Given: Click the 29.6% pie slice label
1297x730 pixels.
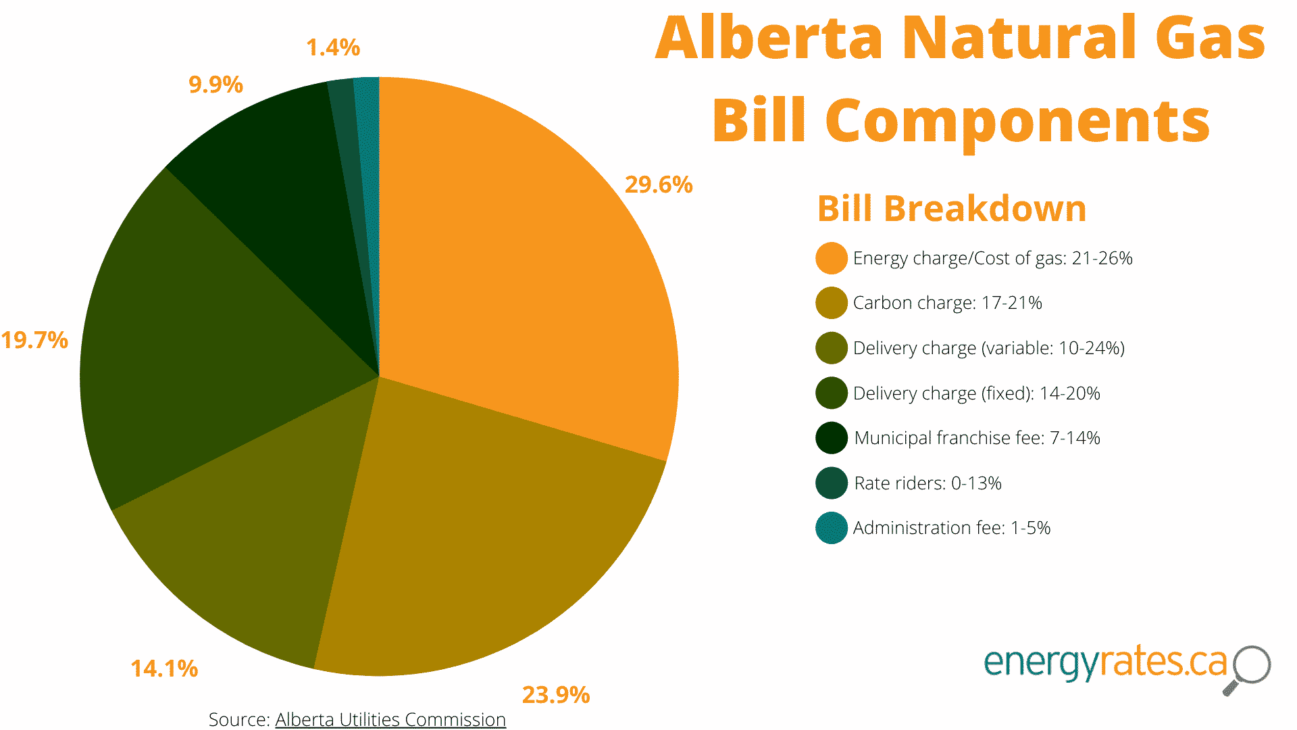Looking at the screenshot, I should pyautogui.click(x=659, y=185).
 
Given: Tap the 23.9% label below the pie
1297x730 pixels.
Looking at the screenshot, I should pyautogui.click(x=556, y=695).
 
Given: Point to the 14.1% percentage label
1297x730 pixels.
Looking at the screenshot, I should pyautogui.click(x=164, y=668).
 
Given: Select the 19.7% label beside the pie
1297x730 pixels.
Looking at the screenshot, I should pyautogui.click(x=34, y=340).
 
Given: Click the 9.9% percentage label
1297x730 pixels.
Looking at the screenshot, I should pyautogui.click(x=215, y=84).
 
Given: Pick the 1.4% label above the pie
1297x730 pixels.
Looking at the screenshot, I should pyautogui.click(x=333, y=47).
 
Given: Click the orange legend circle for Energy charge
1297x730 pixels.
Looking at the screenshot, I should pyautogui.click(x=832, y=258).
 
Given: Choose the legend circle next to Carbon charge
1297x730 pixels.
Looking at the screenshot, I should pyautogui.click(x=832, y=303).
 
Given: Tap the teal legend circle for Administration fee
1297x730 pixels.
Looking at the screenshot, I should pyautogui.click(x=832, y=528).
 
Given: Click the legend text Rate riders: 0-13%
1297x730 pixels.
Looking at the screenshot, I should pyautogui.click(x=927, y=483).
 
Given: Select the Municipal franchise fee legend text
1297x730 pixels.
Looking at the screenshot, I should pyautogui.click(x=977, y=438).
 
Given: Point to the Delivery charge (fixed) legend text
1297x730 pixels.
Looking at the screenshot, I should pyautogui.click(x=976, y=393).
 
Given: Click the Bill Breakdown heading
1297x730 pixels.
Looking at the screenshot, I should pyautogui.click(x=952, y=208).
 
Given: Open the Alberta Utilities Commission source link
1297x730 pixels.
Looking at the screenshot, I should pyautogui.click(x=390, y=719).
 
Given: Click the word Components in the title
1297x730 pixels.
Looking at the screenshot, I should pyautogui.click(x=1017, y=120).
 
